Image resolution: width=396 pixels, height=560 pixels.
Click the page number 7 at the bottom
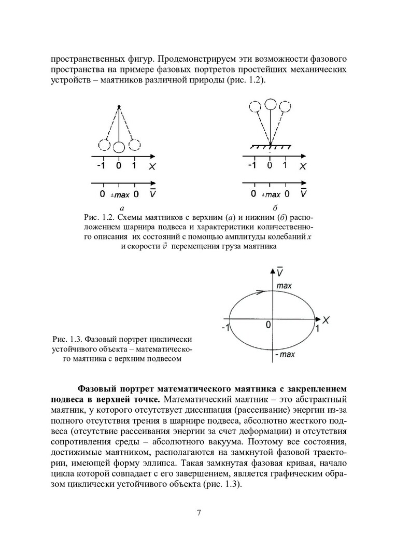point(199,513)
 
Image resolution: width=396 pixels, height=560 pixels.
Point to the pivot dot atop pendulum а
point(119,107)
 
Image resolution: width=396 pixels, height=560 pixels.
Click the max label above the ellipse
point(284,286)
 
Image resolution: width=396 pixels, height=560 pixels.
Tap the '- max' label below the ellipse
point(284,355)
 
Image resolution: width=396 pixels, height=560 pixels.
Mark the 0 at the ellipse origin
point(268,325)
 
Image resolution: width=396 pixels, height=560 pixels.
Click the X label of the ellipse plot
point(326,319)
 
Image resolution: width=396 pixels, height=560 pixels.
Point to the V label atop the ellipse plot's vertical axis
point(279,272)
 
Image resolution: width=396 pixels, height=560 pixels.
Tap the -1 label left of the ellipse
point(225,328)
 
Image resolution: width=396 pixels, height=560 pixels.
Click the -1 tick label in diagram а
point(102,165)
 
